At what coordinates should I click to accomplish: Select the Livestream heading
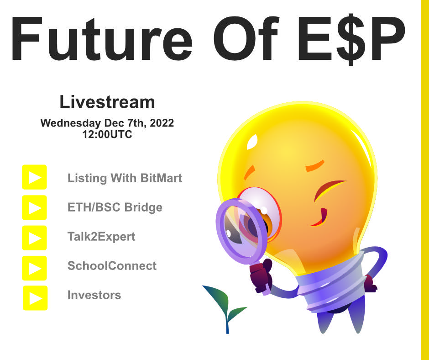[x=107, y=102]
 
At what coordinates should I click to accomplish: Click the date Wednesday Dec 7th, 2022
[x=107, y=123]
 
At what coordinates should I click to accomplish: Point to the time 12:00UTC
[x=107, y=135]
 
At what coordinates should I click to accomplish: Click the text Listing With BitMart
[x=125, y=178]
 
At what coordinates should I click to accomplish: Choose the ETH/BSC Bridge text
[x=115, y=207]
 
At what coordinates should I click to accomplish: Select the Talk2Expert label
[x=101, y=237]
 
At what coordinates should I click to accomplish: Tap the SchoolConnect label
[x=112, y=266]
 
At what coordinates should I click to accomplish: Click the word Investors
[x=94, y=295]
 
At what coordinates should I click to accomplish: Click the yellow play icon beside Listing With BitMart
[x=34, y=177]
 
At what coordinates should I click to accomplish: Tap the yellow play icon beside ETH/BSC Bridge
[x=34, y=207]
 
